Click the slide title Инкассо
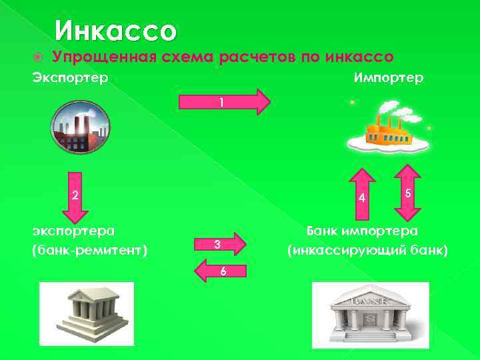[x=116, y=31]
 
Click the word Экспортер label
[x=70, y=78]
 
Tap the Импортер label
[x=388, y=78]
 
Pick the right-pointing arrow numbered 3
[x=221, y=245]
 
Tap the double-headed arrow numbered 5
[x=406, y=193]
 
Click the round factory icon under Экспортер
[x=80, y=127]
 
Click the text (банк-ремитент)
[x=90, y=251]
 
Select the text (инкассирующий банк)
[x=367, y=251]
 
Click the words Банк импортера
[x=362, y=231]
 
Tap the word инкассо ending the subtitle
[x=360, y=57]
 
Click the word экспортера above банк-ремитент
[x=74, y=231]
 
